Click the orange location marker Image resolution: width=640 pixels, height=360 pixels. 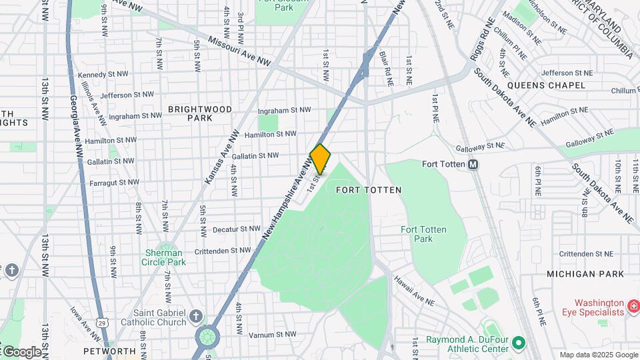click(321, 159)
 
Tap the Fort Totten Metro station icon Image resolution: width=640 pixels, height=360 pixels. click(473, 165)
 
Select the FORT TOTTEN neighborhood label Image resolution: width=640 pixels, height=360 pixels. click(369, 190)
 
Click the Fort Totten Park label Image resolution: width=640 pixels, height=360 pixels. click(423, 234)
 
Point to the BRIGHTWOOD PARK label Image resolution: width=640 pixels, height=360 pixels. click(200, 113)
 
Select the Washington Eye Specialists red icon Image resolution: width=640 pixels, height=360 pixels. click(634, 307)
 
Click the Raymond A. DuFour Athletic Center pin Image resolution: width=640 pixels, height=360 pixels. click(517, 344)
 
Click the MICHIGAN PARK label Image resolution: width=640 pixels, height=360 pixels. click(585, 274)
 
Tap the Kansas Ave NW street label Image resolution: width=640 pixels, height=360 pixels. click(221, 157)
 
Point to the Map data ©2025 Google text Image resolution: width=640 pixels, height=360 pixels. click(598, 355)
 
